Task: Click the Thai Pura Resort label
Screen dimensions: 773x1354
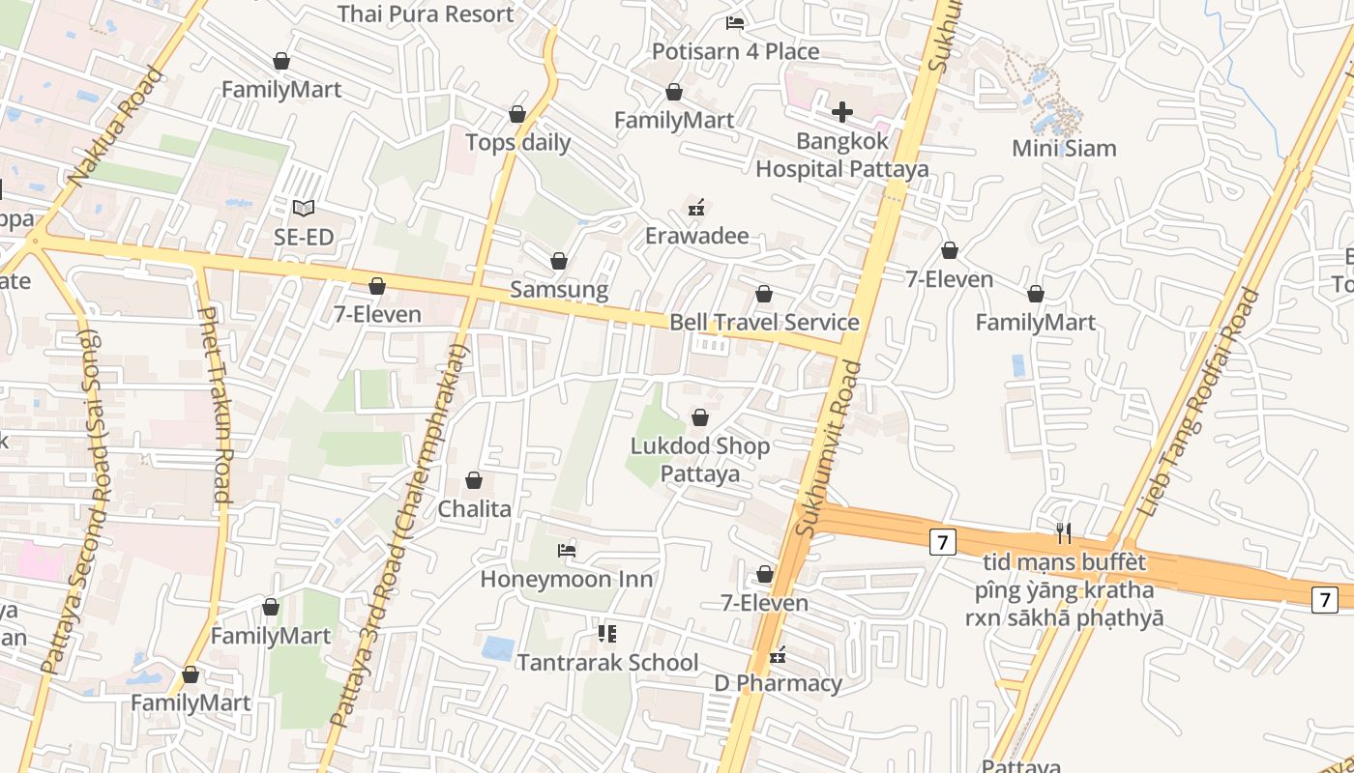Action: (426, 14)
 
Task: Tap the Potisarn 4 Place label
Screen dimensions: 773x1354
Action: (735, 51)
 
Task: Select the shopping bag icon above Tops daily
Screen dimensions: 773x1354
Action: (517, 115)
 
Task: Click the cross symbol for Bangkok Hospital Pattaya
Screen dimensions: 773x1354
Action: (842, 112)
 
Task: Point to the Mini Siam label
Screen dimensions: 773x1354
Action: (1064, 148)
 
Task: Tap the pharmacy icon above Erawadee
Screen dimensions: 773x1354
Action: (695, 208)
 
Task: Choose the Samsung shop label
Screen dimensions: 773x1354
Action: (559, 289)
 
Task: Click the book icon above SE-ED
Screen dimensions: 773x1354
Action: (304, 208)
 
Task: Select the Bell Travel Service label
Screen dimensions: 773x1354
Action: (764, 322)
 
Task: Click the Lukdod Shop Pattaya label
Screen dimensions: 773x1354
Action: (700, 459)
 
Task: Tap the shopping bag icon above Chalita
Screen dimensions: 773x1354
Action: (474, 480)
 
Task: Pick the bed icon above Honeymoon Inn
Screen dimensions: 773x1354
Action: (567, 551)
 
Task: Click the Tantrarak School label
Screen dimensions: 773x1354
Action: (607, 662)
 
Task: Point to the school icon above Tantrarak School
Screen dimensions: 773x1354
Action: (607, 634)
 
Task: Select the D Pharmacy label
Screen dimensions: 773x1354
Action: (778, 683)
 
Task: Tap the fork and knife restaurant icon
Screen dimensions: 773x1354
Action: (1064, 532)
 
